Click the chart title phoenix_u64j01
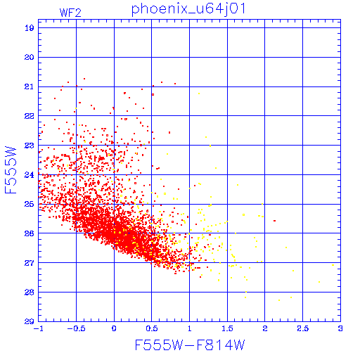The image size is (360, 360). click(x=188, y=9)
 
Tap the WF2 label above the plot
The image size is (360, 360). click(x=70, y=13)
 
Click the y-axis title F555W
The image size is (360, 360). click(x=11, y=170)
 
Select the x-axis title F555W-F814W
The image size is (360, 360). click(x=190, y=345)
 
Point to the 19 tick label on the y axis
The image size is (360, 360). click(x=29, y=28)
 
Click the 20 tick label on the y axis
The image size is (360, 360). click(x=29, y=57)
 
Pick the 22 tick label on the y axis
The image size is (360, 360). click(x=29, y=116)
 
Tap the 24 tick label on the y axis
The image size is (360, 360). click(x=29, y=175)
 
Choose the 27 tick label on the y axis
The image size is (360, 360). click(x=29, y=263)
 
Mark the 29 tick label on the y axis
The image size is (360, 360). click(x=29, y=321)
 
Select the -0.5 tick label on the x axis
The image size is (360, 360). click(x=76, y=328)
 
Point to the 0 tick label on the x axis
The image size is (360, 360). click(x=114, y=328)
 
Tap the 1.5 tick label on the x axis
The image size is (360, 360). click(x=227, y=328)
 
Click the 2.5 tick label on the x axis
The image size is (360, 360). click(x=302, y=328)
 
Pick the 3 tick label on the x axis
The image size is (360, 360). click(x=340, y=328)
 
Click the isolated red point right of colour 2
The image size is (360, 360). click(x=274, y=221)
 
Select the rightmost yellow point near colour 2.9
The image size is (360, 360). click(x=333, y=265)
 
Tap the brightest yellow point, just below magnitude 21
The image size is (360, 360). click(x=199, y=94)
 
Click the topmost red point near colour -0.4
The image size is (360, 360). click(x=84, y=79)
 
